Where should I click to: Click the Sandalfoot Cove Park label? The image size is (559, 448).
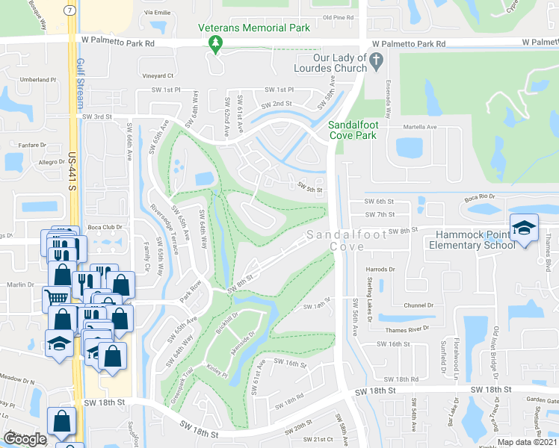pyautogui.click(x=353, y=131)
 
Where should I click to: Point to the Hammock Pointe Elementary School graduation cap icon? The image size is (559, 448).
pyautogui.click(x=524, y=226)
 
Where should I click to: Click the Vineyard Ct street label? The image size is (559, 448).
pyautogui.click(x=158, y=75)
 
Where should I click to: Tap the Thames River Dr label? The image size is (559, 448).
pyautogui.click(x=408, y=329)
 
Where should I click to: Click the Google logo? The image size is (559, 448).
pyautogui.click(x=25, y=439)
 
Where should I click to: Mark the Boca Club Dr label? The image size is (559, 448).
pyautogui.click(x=104, y=227)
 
